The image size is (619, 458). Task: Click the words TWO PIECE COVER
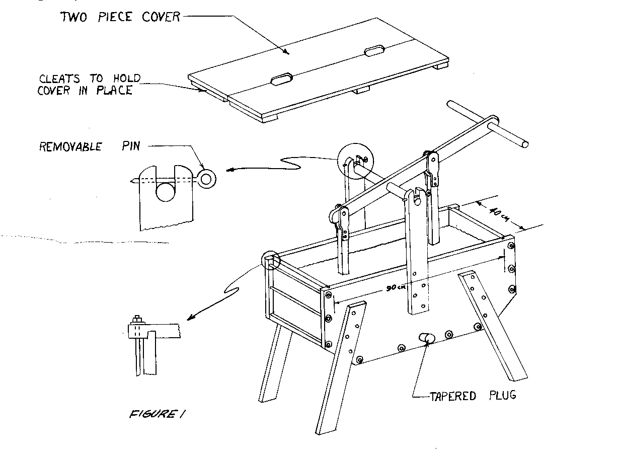tap(120, 17)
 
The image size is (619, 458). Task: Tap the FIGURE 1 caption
tap(151, 414)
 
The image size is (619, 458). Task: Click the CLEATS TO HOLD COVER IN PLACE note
tap(89, 85)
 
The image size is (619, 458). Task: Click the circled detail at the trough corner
tap(271, 260)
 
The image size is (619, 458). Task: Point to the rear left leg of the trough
tap(274, 362)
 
